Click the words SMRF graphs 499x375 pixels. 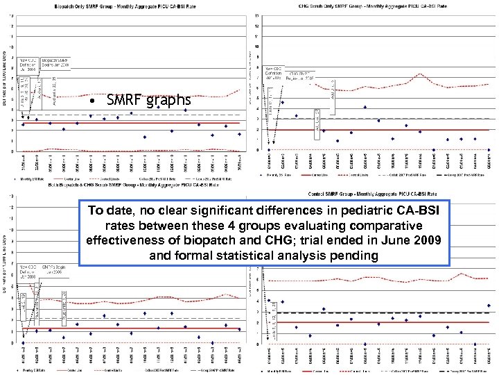[148, 101]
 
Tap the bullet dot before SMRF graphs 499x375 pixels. [92, 101]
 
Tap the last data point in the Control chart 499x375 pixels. [489, 306]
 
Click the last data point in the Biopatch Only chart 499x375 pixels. [240, 134]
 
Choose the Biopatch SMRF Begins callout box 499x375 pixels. [55, 63]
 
